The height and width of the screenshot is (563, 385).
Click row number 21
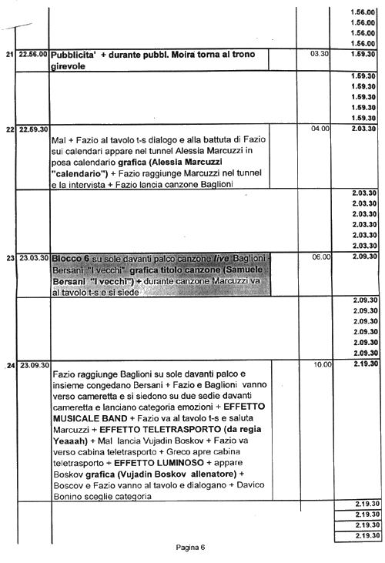(x=10, y=54)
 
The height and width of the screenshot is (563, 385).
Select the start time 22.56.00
(x=33, y=54)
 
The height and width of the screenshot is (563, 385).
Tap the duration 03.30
(x=320, y=54)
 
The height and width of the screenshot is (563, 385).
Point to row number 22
(x=10, y=129)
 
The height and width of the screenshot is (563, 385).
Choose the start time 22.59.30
(x=33, y=129)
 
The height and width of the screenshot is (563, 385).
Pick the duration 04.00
(x=320, y=129)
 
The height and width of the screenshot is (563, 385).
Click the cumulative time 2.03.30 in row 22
(x=364, y=129)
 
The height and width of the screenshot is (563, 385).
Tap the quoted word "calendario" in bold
(x=79, y=174)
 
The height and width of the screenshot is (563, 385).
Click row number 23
(x=10, y=258)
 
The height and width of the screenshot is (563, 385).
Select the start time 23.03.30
(x=34, y=258)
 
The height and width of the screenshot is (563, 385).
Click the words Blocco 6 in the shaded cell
(x=70, y=259)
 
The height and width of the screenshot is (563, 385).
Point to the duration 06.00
(x=322, y=257)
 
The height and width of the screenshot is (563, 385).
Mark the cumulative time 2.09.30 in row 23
(x=365, y=256)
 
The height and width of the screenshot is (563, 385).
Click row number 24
(x=11, y=366)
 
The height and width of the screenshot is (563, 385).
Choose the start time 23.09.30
(x=35, y=366)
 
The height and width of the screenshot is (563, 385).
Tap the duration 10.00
(x=323, y=365)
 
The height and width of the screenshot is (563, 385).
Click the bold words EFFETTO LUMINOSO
(x=159, y=463)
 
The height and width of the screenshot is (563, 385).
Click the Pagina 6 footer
(x=190, y=548)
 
